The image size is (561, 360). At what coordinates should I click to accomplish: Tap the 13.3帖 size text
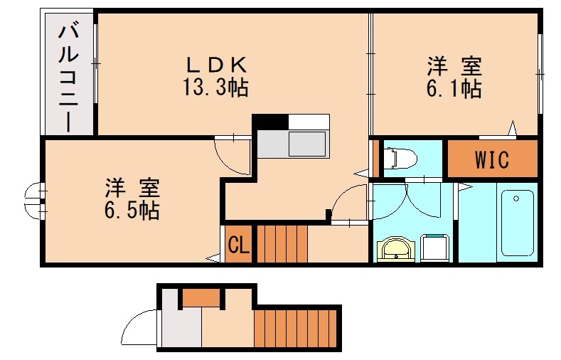tap(218, 89)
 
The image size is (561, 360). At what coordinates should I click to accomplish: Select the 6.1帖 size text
tap(455, 89)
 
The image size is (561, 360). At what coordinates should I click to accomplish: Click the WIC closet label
tap(492, 160)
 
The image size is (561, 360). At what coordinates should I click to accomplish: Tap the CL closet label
tap(238, 245)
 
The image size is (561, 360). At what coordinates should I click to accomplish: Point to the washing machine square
tap(434, 248)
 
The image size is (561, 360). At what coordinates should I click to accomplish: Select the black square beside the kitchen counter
tap(269, 122)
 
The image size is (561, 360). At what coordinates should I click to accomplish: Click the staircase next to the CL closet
tap(282, 244)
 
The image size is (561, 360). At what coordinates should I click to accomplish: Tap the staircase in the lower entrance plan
tap(296, 328)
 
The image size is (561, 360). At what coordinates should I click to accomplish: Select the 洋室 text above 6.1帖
tap(455, 67)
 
